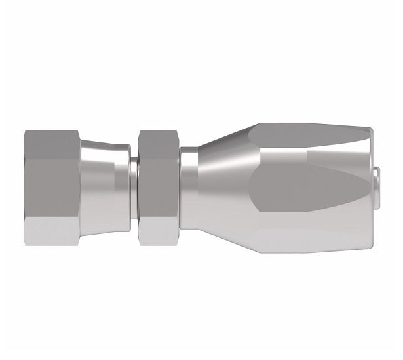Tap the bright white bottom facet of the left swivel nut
click(52, 230)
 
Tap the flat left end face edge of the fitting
click(24, 187)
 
